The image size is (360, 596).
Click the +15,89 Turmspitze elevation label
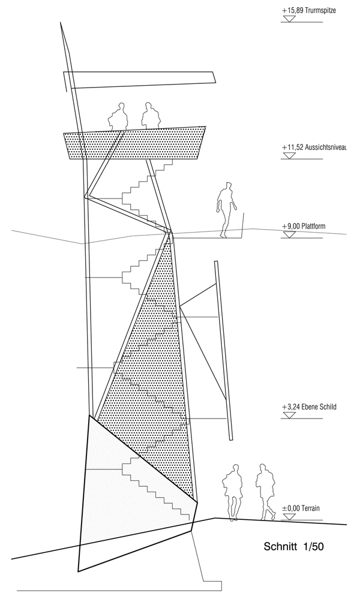(x=308, y=11)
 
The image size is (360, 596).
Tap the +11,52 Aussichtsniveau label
(x=314, y=147)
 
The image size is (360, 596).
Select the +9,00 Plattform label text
(x=304, y=226)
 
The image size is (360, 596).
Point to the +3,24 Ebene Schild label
(x=309, y=407)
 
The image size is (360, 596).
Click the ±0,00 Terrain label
(x=301, y=508)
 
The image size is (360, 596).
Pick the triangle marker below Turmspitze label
(x=289, y=19)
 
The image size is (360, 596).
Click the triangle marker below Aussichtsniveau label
(x=289, y=155)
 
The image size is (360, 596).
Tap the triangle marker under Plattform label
(x=289, y=234)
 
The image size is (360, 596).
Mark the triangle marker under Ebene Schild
(x=289, y=415)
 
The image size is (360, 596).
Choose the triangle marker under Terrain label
(x=289, y=517)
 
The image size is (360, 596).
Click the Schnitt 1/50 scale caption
(x=293, y=547)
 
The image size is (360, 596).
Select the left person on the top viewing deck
(x=119, y=116)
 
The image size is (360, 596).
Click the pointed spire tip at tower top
(x=61, y=23)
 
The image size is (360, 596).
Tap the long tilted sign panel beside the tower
(x=223, y=350)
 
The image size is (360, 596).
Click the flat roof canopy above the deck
(x=139, y=79)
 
